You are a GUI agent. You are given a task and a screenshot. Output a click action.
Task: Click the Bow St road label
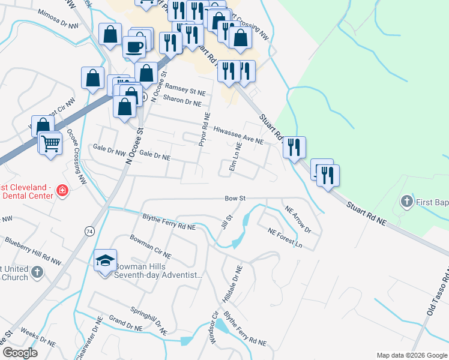click(x=236, y=198)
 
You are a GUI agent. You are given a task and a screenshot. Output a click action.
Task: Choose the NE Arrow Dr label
click(x=298, y=220)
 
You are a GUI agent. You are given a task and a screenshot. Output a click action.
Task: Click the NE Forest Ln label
click(x=285, y=238)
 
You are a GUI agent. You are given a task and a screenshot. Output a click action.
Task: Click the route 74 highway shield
click(x=89, y=231)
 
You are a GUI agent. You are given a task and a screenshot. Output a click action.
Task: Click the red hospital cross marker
click(x=61, y=191)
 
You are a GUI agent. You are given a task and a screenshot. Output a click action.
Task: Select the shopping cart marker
click(x=50, y=143)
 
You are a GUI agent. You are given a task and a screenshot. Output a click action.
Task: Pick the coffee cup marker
click(x=134, y=46)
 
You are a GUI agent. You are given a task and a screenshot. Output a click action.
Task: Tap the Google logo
click(x=20, y=353)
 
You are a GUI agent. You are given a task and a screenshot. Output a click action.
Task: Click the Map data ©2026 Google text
click(x=411, y=355)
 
